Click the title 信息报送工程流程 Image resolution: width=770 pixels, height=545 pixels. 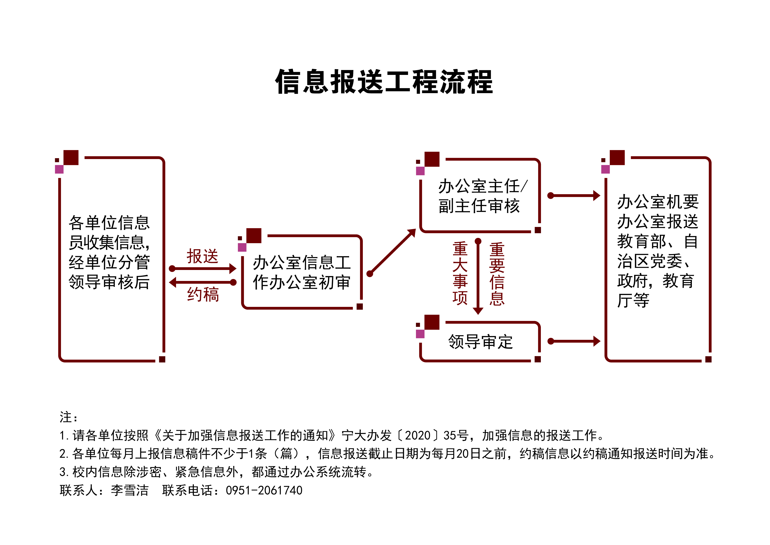(x=384, y=82)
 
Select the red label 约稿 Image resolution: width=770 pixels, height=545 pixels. (x=203, y=295)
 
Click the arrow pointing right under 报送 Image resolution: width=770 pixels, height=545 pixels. (x=204, y=268)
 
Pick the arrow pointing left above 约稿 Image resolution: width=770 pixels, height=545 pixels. (x=203, y=282)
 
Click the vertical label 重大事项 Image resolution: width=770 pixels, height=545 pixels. (x=460, y=273)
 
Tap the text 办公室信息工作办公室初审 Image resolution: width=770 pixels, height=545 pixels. (x=302, y=272)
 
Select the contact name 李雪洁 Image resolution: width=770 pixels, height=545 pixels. (x=130, y=490)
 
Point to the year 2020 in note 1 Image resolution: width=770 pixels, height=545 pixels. (x=417, y=436)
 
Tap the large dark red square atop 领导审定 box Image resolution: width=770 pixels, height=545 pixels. (x=432, y=322)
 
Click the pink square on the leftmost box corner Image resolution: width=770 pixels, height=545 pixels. (x=59, y=169)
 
